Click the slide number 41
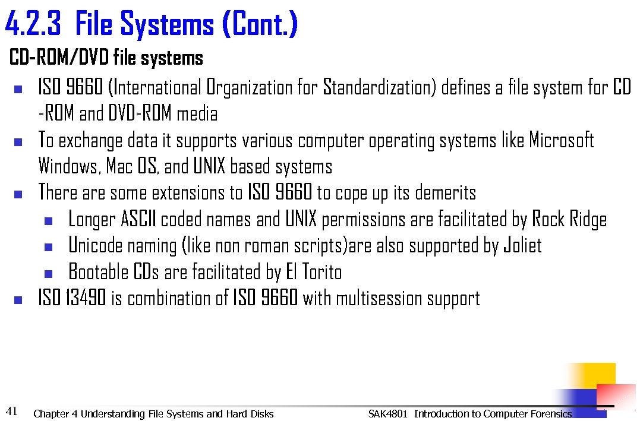[11, 410]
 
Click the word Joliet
[522, 246]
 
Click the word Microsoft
[562, 141]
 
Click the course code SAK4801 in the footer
[388, 414]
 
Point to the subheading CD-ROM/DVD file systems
[106, 58]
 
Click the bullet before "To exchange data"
[17, 143]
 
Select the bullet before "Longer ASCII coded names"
[48, 221]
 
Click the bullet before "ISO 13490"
[17, 300]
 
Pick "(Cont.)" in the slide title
[259, 25]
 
